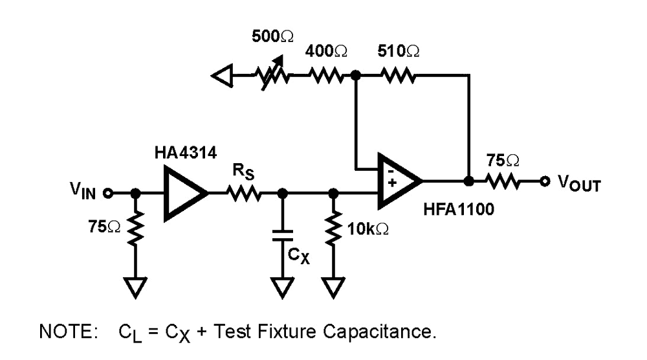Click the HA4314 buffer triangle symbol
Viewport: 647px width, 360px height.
184,193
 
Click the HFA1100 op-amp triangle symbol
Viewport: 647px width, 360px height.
397,181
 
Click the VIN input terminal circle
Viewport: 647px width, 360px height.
109,193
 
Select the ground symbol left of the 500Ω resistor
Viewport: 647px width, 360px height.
221,76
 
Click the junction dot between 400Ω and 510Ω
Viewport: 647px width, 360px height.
355,76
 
